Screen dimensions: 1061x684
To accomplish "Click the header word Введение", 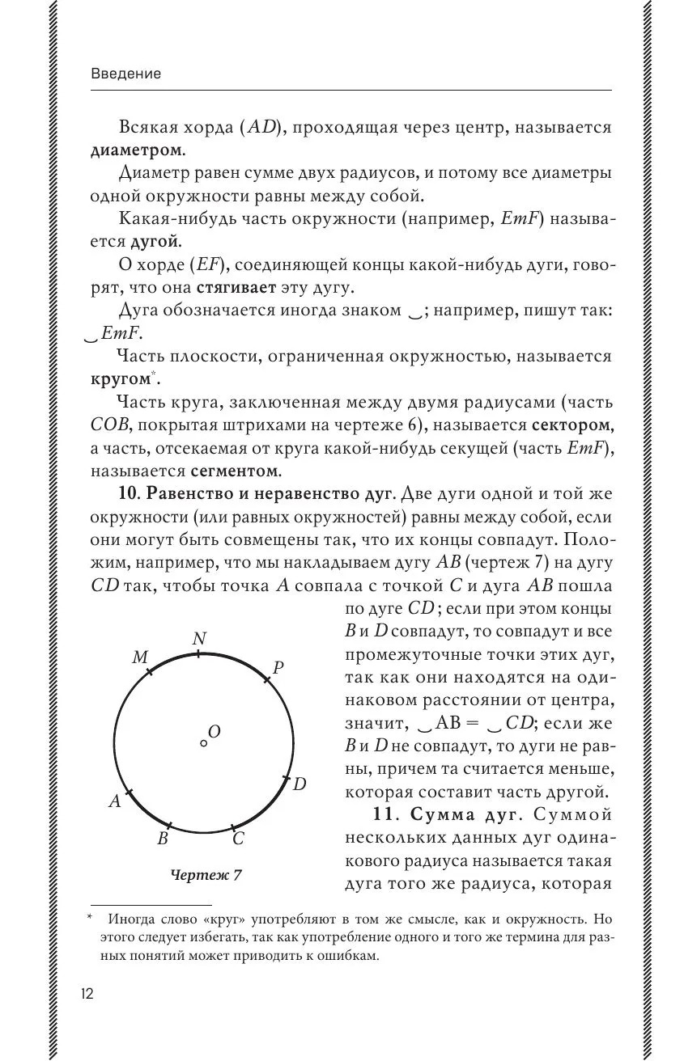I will click(126, 74).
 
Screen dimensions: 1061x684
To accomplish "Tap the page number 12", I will click(87, 994).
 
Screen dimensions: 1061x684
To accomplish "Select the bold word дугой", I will click(155, 241).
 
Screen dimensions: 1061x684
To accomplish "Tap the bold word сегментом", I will click(236, 470).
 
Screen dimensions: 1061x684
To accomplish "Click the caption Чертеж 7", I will click(206, 874).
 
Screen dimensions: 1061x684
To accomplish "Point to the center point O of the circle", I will click(203, 742).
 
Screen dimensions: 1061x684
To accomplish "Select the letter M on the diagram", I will click(139, 658).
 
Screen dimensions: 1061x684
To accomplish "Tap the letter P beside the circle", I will click(278, 668).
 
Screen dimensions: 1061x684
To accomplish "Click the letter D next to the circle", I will click(299, 783).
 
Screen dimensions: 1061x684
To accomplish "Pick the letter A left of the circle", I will click(115, 801).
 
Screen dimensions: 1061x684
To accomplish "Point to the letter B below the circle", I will click(162, 839).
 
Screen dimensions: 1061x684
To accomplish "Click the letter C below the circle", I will click(238, 839).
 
